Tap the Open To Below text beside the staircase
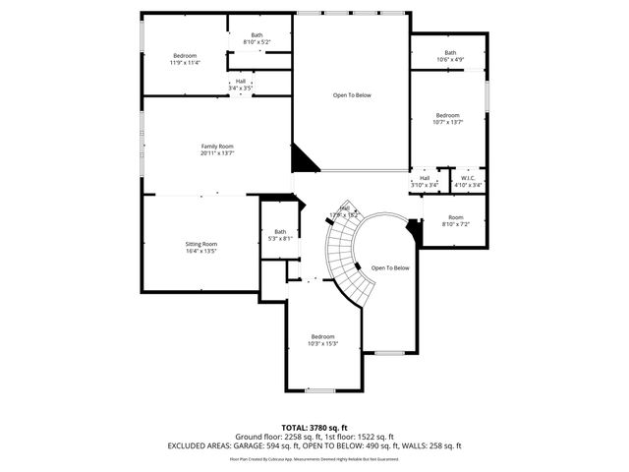point(390,267)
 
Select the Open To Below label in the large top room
point(352,95)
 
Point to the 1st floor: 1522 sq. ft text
point(356,437)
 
